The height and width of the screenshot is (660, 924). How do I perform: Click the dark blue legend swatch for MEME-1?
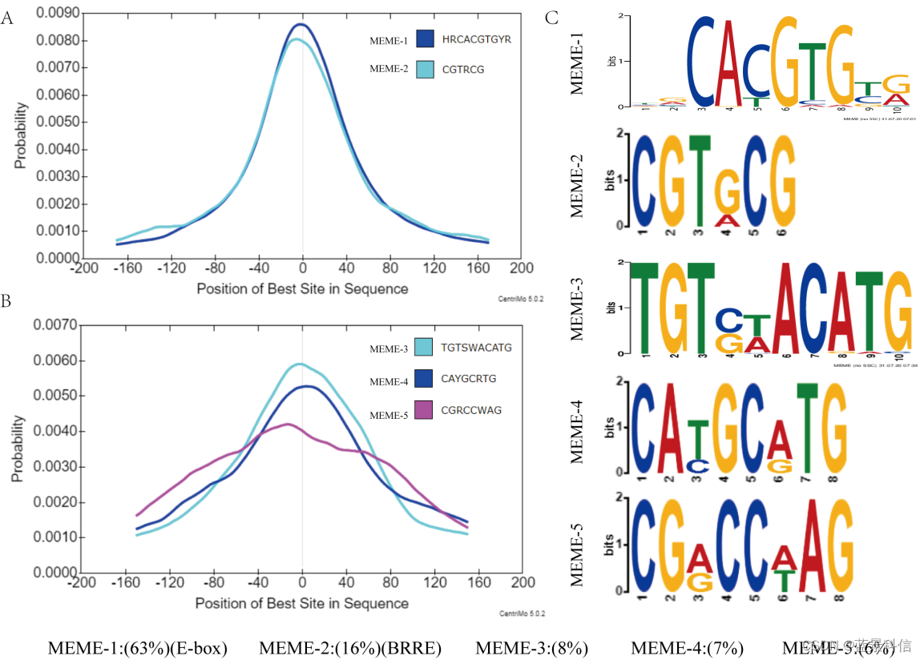point(426,38)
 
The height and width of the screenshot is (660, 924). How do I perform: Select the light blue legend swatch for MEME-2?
point(426,69)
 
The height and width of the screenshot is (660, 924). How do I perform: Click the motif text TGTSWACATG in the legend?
point(476,348)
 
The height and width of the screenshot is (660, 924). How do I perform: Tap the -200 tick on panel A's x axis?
point(83,268)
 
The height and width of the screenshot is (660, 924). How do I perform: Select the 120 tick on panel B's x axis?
point(434,582)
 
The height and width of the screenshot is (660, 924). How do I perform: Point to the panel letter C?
point(551,17)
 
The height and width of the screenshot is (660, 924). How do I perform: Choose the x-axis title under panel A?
point(302,288)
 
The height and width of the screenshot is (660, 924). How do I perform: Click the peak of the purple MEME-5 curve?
point(288,424)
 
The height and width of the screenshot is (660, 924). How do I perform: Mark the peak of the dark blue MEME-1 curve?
point(303,24)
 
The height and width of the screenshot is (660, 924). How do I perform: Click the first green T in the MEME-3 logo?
point(643,308)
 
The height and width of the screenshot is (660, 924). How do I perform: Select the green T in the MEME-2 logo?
point(700,179)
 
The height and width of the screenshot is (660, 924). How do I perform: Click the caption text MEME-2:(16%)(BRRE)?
point(350,648)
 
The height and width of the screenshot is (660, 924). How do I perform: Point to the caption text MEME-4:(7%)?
point(688,648)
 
